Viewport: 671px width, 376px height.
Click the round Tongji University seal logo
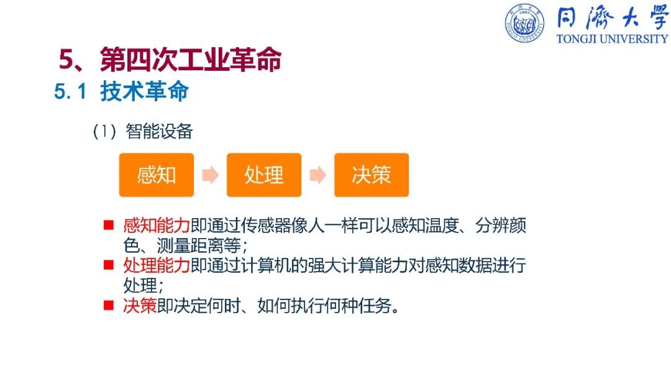click(524, 23)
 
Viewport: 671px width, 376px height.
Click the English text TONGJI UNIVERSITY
click(613, 39)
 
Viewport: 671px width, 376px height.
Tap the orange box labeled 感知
click(157, 175)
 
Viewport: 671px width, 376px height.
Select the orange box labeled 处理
click(264, 175)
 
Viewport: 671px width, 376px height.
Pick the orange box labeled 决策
click(372, 175)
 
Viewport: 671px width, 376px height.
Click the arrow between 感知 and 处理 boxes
click(210, 175)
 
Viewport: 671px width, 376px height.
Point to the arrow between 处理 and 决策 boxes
click(318, 175)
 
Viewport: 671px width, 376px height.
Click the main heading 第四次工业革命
click(191, 59)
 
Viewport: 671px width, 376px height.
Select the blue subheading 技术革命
click(145, 91)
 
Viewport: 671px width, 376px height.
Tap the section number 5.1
click(70, 91)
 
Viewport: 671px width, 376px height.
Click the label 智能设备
click(159, 131)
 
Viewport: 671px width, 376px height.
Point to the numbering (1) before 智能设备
click(104, 131)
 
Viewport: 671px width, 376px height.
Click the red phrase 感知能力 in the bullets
click(157, 225)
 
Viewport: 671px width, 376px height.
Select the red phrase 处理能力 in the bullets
click(157, 265)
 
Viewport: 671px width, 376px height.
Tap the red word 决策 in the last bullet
click(140, 306)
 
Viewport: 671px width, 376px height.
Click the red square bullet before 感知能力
click(109, 225)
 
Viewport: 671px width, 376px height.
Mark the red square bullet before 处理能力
click(109, 265)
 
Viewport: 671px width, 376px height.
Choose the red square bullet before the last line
click(109, 305)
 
